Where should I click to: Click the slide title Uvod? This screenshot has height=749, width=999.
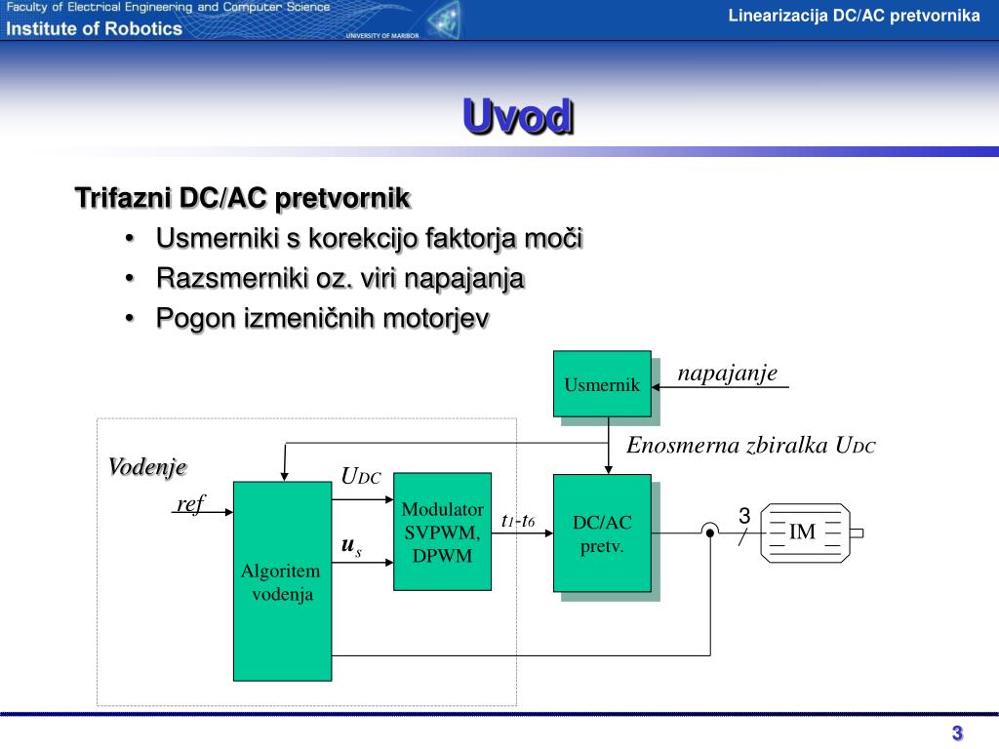(x=518, y=117)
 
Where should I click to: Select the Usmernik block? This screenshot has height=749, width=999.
(x=602, y=383)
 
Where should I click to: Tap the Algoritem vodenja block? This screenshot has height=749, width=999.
(x=282, y=581)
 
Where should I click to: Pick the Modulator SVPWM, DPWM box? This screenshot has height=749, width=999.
(x=442, y=532)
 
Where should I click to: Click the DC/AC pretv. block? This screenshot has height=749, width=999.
(x=602, y=533)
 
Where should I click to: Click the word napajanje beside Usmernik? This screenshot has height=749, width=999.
(x=727, y=374)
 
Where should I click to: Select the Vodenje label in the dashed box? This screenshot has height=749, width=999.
(x=147, y=466)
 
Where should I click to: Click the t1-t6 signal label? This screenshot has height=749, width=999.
(x=518, y=521)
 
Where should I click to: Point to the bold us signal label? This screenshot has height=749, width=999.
(x=351, y=548)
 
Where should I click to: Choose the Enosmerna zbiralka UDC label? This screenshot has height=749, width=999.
(x=751, y=446)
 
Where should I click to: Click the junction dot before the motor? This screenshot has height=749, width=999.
(x=710, y=532)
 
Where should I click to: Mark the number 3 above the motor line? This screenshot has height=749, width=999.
(x=743, y=515)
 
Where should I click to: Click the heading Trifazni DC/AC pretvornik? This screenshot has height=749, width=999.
(x=243, y=199)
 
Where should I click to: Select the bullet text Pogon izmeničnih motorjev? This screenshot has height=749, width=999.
(x=322, y=319)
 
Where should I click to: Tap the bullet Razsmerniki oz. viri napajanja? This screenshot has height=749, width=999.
(x=340, y=279)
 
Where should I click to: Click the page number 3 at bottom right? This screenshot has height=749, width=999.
(x=957, y=733)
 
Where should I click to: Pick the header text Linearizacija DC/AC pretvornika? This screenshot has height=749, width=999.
(x=854, y=16)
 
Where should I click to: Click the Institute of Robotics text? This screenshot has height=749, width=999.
(x=95, y=28)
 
